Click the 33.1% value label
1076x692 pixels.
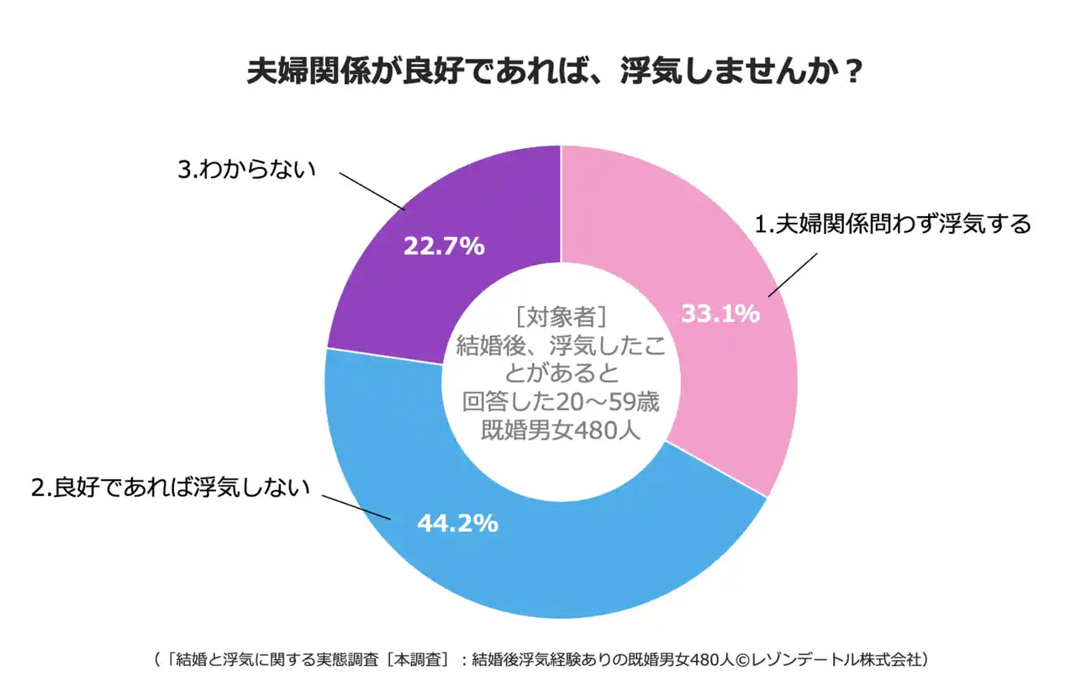(720, 314)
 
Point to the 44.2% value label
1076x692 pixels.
(457, 523)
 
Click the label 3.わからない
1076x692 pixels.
(245, 168)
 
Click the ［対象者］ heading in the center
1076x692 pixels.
(561, 317)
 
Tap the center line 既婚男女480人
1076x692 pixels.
(561, 430)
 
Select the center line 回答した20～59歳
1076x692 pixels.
(561, 402)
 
